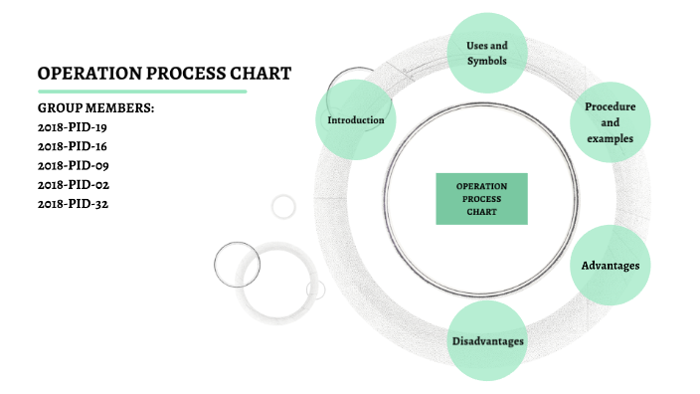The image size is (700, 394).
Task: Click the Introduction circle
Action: point(356,120)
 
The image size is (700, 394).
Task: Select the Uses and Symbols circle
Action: point(487,53)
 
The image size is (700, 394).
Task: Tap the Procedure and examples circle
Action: point(610,122)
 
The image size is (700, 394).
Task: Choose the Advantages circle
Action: point(610,266)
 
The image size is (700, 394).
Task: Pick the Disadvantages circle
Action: point(487,341)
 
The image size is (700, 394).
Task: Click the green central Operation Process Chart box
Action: point(481,198)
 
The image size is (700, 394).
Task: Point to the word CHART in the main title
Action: point(259,73)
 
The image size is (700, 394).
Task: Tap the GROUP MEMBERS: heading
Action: point(96,107)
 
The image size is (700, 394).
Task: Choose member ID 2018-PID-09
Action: point(73,165)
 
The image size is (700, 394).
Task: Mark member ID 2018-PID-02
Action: point(73,184)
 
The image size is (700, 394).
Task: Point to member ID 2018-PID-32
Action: point(73,204)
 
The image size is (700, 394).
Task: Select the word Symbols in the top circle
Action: point(487,62)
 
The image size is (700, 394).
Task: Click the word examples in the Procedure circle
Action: point(610,138)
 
